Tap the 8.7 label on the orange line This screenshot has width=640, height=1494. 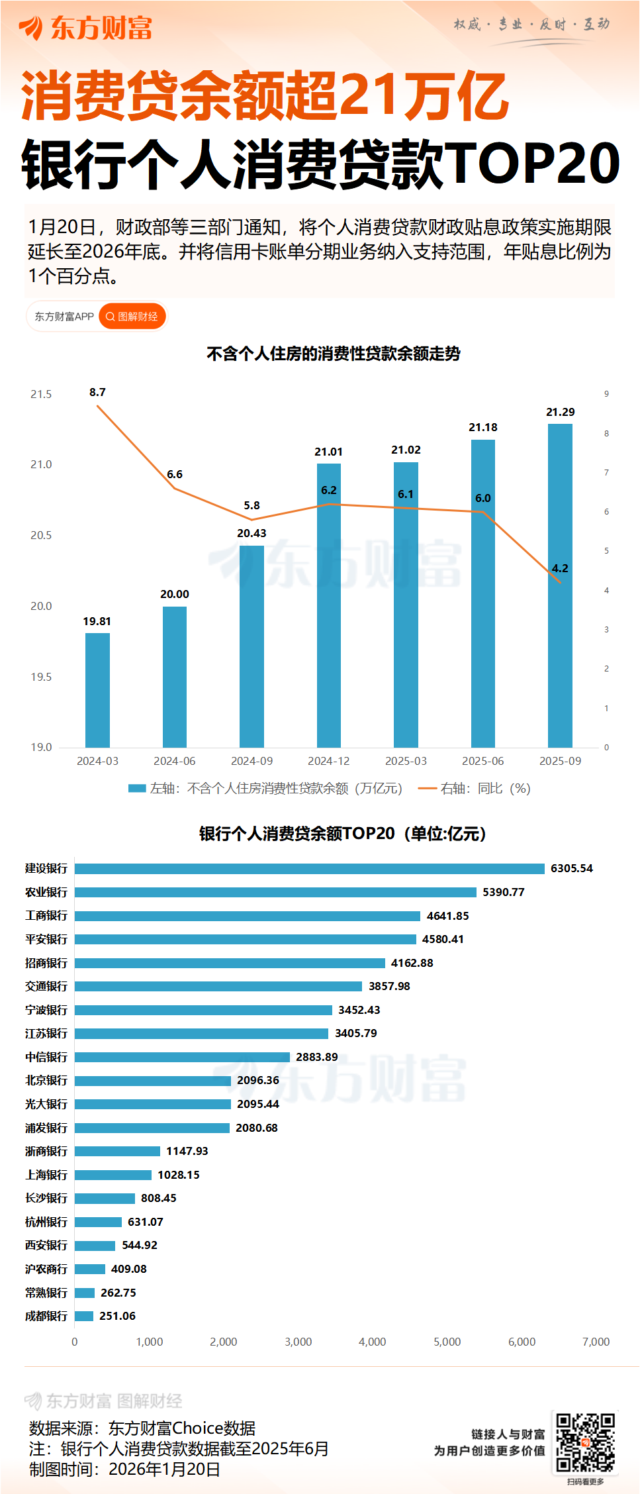[97, 392]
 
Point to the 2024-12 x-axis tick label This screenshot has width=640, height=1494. [329, 761]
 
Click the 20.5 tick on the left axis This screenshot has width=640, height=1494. [41, 535]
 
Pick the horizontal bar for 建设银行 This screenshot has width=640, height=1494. [309, 868]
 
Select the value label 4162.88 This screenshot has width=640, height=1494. [412, 963]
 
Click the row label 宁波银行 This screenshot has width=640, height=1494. [46, 1010]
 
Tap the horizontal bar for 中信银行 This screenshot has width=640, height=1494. [182, 1057]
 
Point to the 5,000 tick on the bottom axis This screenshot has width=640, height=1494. [447, 1342]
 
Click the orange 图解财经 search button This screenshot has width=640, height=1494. [132, 317]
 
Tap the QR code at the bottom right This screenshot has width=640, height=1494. [585, 1444]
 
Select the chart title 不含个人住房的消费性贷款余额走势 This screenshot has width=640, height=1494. [333, 354]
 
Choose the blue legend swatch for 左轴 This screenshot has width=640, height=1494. [137, 788]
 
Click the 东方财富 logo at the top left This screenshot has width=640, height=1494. [86, 28]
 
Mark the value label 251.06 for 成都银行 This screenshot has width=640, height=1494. [117, 1316]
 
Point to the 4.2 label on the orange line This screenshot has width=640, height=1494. [560, 568]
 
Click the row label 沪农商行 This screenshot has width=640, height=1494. [46, 1269]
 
